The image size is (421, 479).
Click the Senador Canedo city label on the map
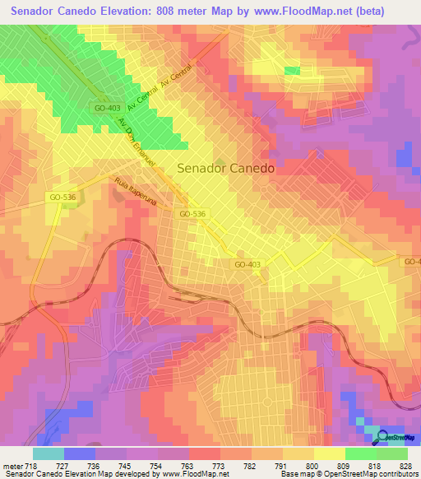(x=226, y=167)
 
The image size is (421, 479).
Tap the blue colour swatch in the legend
(x=80, y=453)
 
